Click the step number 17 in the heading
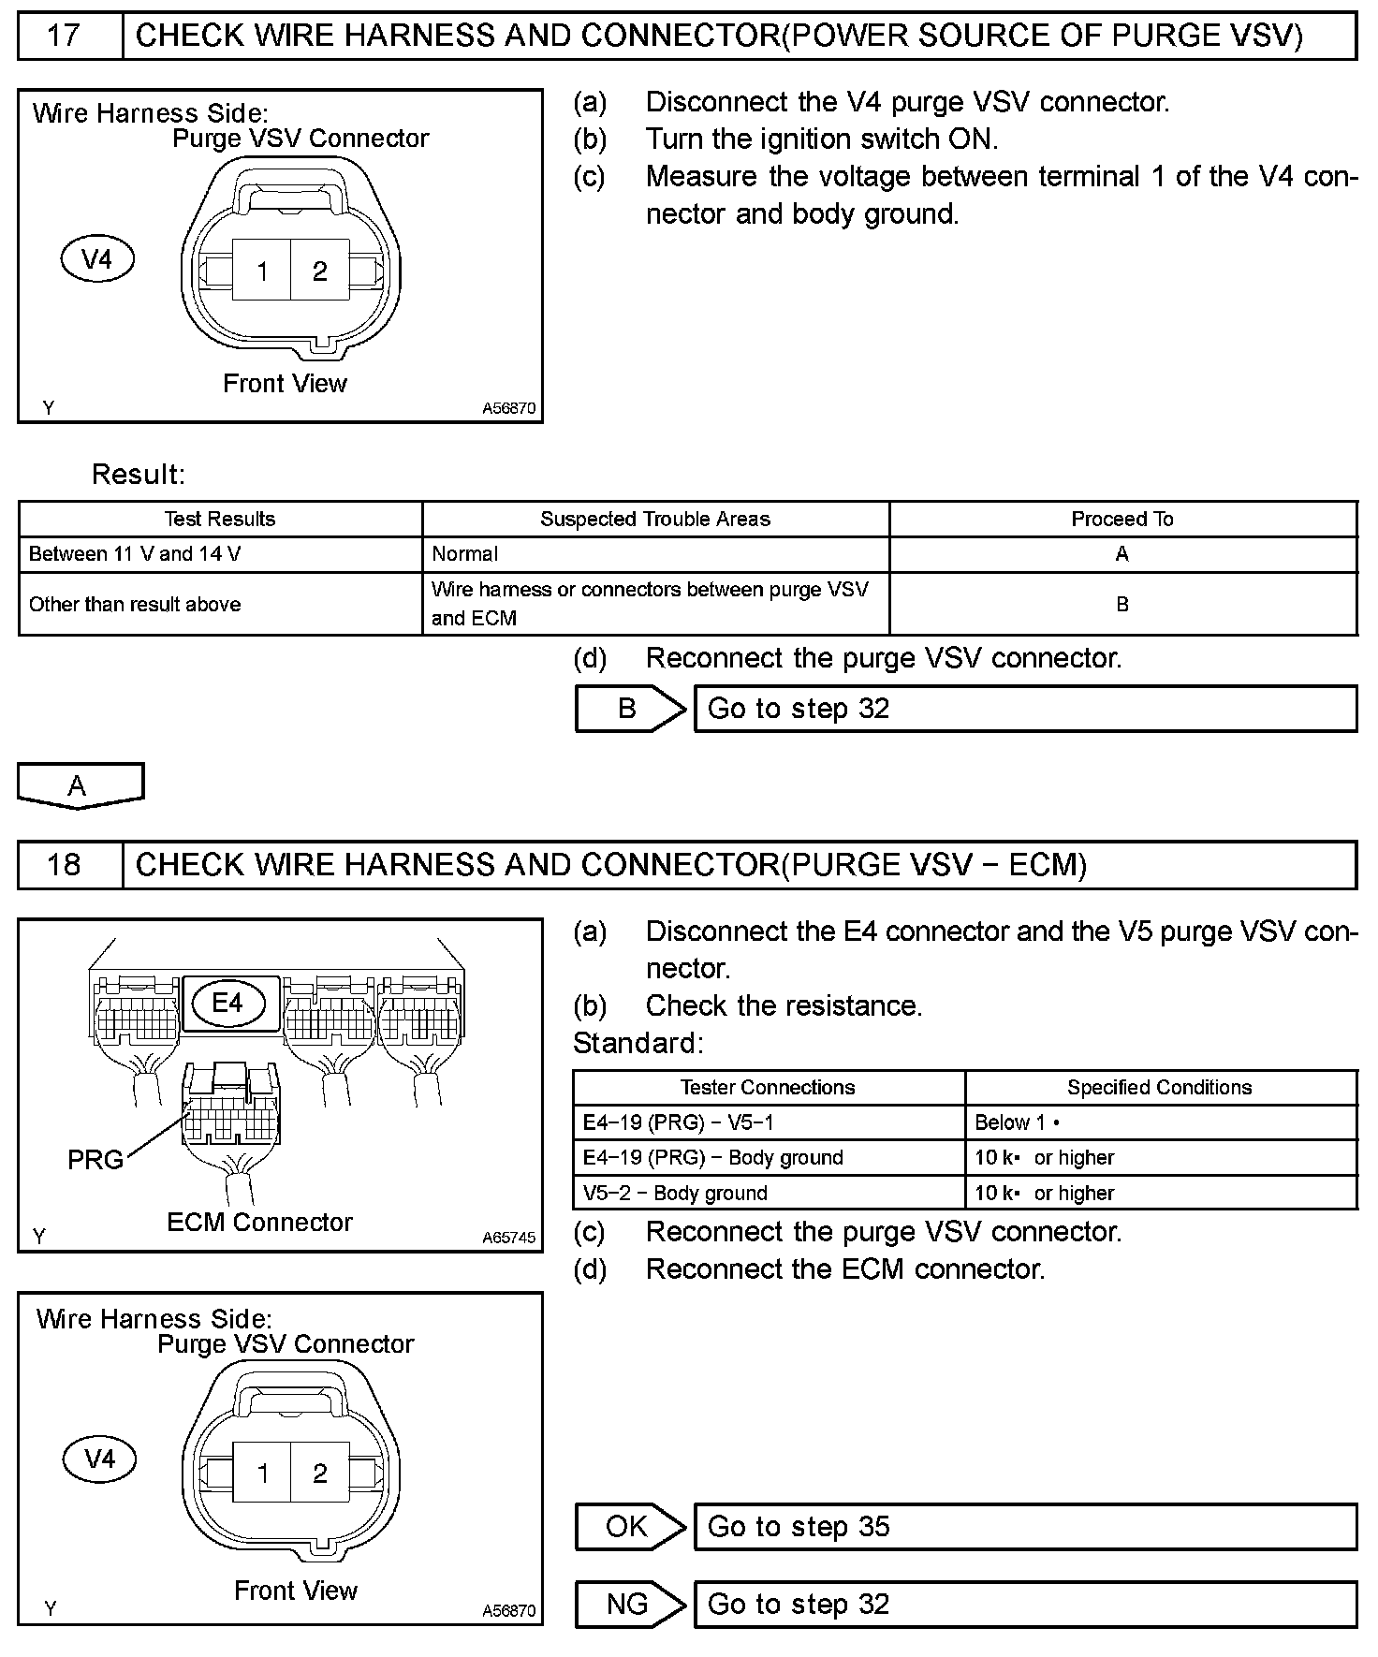pos(64,37)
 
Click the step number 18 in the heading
pos(64,864)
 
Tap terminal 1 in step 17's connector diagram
pos(262,271)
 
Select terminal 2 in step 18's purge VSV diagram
pos(320,1474)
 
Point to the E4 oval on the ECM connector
pos(227,1004)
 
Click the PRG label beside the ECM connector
pos(95,1160)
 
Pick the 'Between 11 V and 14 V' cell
pos(135,554)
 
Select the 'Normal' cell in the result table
pos(465,554)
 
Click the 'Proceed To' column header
pos(1121,520)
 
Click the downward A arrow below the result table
pos(79,785)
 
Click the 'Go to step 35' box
pos(1024,1527)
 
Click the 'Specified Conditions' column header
pos(1159,1088)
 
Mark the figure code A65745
pos(509,1238)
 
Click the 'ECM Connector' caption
pos(259,1223)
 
